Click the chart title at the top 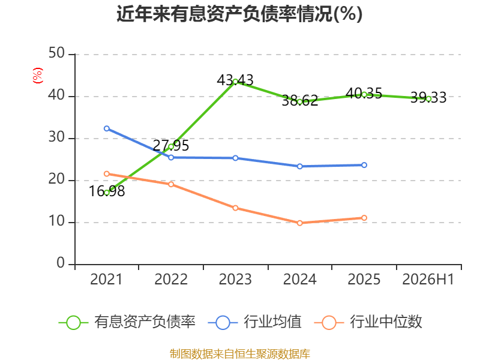coord(239,14)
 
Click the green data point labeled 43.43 coord(235,82)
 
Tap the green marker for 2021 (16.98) coord(107,193)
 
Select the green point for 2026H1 coord(428,99)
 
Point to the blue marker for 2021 coord(107,128)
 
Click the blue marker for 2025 coord(364,166)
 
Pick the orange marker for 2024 coord(300,223)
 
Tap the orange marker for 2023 coord(235,208)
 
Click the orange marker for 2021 coord(107,174)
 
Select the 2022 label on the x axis coord(171,280)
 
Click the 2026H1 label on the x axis coord(428,280)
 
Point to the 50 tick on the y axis coord(56,53)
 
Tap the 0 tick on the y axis coord(61,263)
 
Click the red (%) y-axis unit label coord(38,76)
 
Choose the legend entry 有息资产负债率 coord(127,322)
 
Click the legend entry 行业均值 coord(254,322)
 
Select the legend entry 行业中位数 coord(368,322)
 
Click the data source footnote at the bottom coord(240,354)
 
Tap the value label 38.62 coord(300,101)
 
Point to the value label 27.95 coord(171,146)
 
